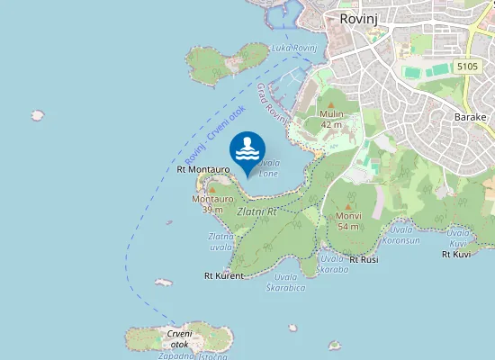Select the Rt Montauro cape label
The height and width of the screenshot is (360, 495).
(x=203, y=169)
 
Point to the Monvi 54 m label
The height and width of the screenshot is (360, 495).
(x=347, y=221)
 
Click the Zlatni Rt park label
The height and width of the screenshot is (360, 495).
(x=256, y=211)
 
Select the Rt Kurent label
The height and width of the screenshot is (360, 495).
(x=224, y=275)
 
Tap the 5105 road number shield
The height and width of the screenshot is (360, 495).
(x=466, y=67)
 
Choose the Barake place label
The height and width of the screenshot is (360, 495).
(x=470, y=118)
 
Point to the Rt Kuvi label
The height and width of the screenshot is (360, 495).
(x=456, y=255)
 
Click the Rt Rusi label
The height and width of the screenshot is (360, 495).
(x=364, y=259)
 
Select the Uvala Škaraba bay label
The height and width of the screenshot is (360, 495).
(x=332, y=264)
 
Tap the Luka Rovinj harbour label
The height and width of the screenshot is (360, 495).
(x=293, y=47)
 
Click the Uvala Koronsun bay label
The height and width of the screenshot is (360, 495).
(x=401, y=236)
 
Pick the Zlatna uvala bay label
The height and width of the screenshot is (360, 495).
(x=220, y=241)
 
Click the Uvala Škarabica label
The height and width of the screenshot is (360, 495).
(x=286, y=282)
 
